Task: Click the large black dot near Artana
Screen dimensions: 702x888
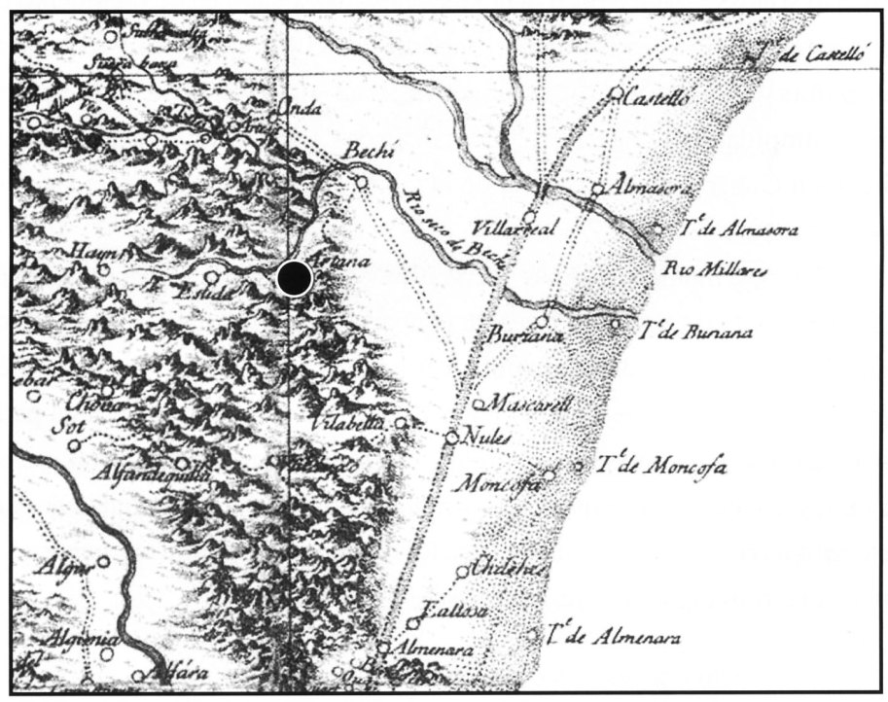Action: (x=293, y=278)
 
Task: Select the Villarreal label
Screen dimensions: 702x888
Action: (x=513, y=229)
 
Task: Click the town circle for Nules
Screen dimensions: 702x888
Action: (x=451, y=439)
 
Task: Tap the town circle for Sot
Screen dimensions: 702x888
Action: (x=75, y=446)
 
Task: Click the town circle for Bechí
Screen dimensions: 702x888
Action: (x=361, y=182)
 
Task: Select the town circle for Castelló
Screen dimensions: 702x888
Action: (x=615, y=95)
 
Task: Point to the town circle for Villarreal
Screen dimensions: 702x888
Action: (x=530, y=216)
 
